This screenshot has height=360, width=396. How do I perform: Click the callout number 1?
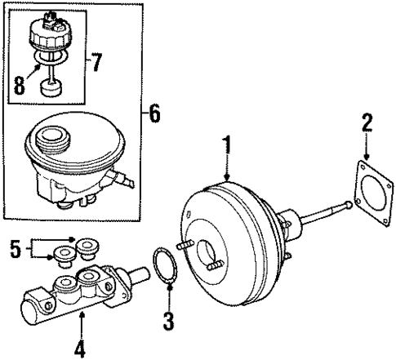[228, 148]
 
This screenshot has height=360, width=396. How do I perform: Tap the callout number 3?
[167, 321]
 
